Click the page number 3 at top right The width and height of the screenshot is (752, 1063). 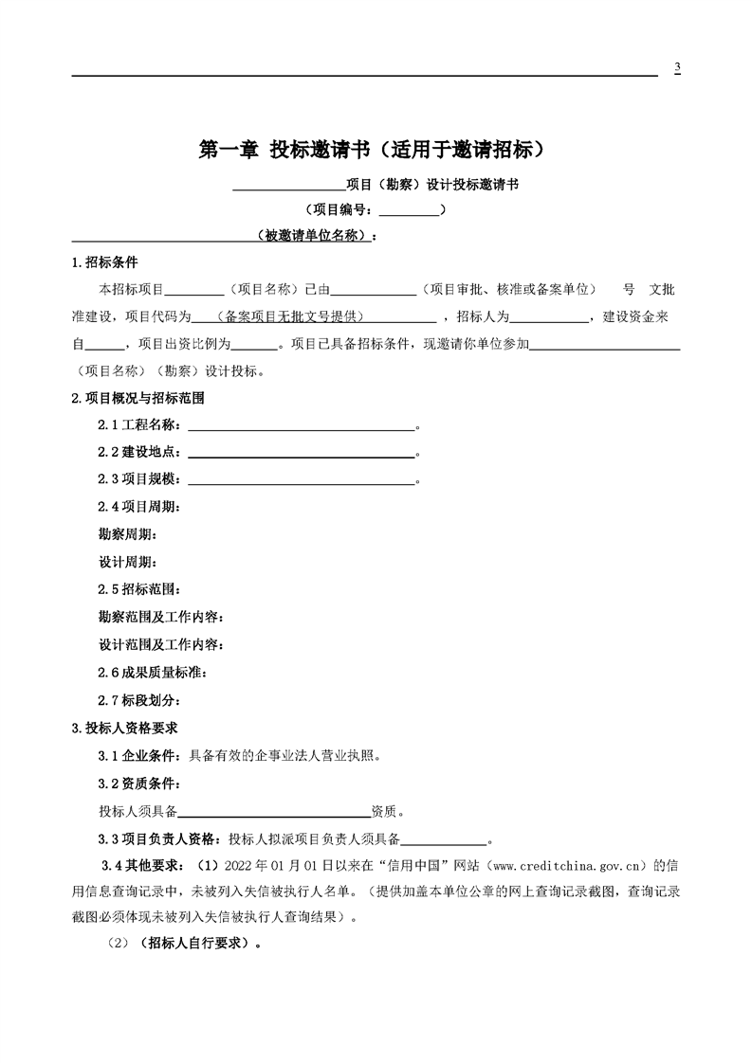tap(677, 66)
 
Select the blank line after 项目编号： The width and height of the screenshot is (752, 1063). tap(409, 210)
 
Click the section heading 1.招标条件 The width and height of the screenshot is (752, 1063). tap(110, 262)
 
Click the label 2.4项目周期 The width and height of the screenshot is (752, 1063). tap(138, 508)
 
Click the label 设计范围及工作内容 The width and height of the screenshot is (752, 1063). tap(161, 645)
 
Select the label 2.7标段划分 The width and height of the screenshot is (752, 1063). tap(138, 701)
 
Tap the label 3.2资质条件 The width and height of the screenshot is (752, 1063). tap(138, 784)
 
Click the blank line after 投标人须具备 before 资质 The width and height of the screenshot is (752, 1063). tap(275, 812)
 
